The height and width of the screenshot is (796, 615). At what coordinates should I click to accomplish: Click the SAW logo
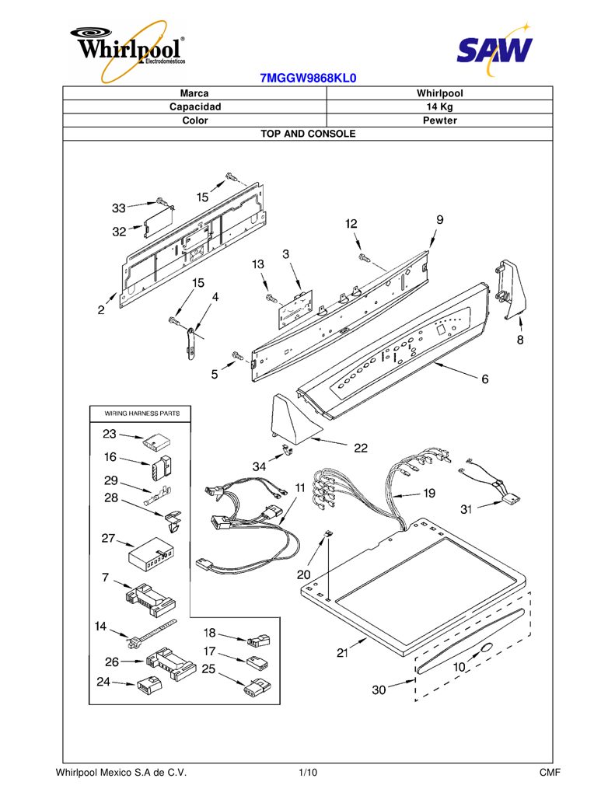click(494, 49)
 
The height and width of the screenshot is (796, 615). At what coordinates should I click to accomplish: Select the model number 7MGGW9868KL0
click(308, 78)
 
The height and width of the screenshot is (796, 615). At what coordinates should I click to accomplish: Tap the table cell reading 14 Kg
click(439, 106)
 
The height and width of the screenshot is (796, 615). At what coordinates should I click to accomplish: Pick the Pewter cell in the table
click(440, 120)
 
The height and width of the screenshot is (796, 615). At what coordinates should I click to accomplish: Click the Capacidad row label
click(195, 106)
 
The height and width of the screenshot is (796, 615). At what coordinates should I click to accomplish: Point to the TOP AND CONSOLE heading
click(308, 134)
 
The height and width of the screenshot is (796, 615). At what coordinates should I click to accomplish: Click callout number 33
click(118, 208)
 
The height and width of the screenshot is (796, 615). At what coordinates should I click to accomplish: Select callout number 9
click(440, 219)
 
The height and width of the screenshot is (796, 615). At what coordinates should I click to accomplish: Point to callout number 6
click(485, 379)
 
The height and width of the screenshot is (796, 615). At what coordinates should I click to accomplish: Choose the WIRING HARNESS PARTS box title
click(142, 414)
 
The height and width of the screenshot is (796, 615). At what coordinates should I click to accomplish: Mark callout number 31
click(466, 509)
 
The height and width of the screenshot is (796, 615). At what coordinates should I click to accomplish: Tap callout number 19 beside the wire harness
click(429, 493)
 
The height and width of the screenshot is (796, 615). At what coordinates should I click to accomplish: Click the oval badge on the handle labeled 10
click(485, 648)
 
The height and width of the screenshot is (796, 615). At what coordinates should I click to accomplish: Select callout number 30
click(379, 690)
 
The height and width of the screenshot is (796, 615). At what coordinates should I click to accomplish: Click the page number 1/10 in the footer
click(308, 773)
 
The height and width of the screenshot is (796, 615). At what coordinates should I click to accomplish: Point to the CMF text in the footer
click(550, 773)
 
